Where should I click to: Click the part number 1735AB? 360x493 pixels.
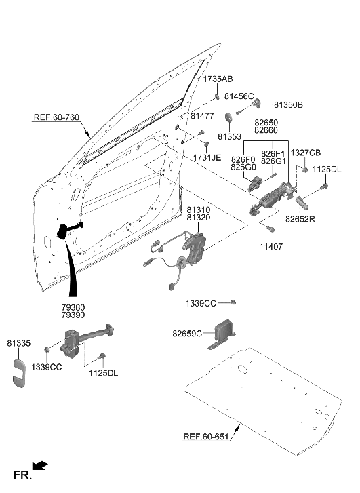(218, 79)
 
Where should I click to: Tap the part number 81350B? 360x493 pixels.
(288, 105)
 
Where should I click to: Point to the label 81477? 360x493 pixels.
(202, 116)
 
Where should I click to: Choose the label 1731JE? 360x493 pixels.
(207, 157)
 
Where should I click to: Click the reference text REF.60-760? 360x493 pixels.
(56, 118)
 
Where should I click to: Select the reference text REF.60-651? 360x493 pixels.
(207, 437)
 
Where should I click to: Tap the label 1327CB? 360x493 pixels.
(306, 153)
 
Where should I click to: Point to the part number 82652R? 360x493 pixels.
(301, 219)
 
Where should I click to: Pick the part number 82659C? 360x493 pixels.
(187, 334)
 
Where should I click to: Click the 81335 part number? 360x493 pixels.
(19, 344)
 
